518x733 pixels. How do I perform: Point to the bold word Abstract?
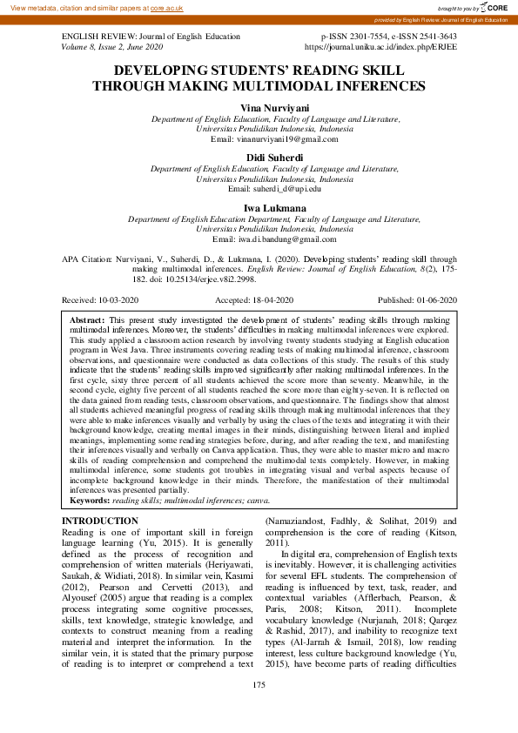click(x=87, y=321)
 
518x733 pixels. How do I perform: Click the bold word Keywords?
click(x=90, y=501)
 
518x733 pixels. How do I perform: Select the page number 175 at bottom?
click(x=259, y=709)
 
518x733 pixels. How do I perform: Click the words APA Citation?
click(x=85, y=259)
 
